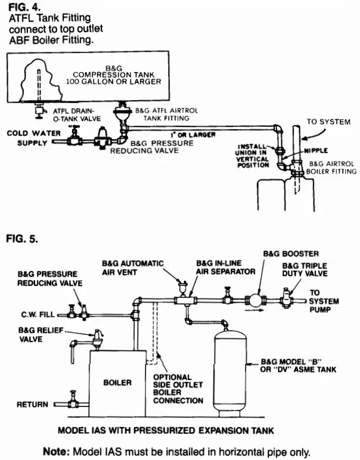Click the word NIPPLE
[x=316, y=151]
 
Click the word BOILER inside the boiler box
[x=117, y=381]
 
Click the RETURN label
[x=33, y=405]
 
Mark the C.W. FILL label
[x=37, y=313]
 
